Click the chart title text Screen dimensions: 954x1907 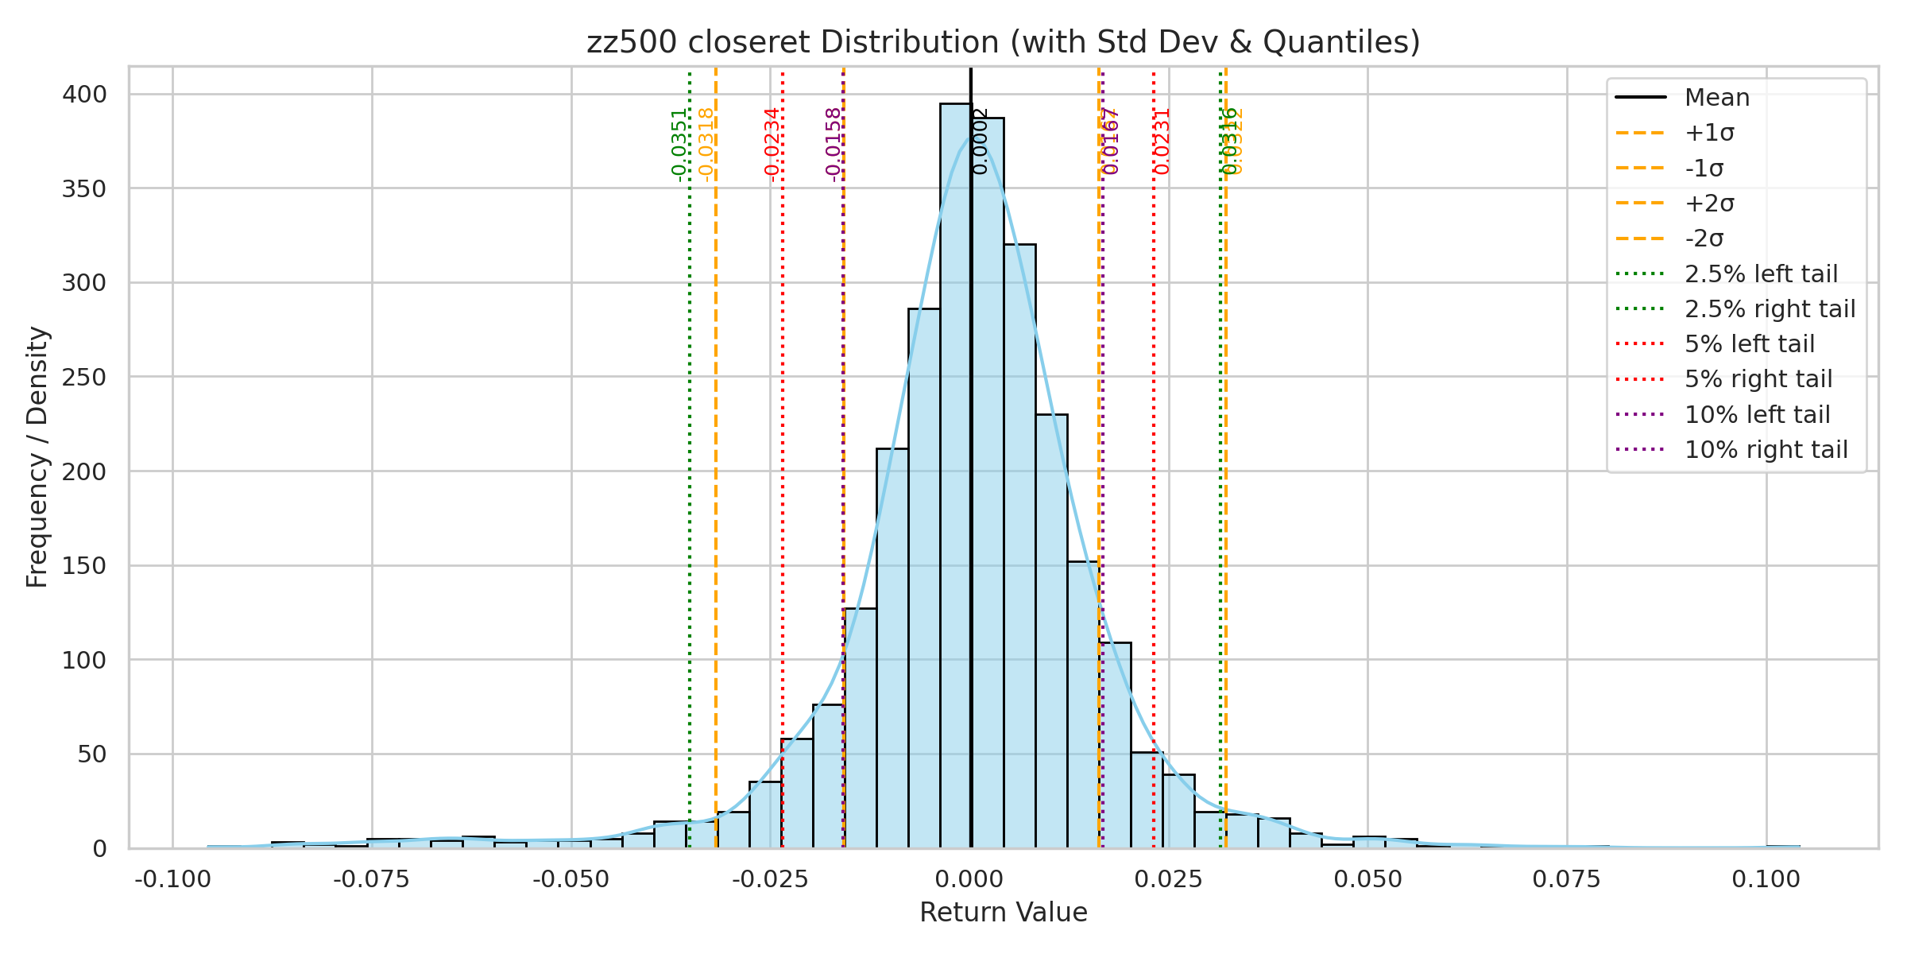[x=1003, y=42]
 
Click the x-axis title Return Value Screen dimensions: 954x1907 [x=1003, y=913]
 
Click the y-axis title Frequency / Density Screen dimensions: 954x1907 [x=37, y=457]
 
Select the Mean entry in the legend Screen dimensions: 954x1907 [x=1716, y=98]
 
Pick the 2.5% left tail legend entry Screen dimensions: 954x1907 [x=1761, y=274]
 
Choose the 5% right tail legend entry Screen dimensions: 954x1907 [x=1758, y=379]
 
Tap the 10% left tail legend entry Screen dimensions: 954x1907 [x=1757, y=415]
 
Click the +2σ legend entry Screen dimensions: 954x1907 [x=1709, y=204]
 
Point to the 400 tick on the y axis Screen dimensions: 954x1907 [x=84, y=95]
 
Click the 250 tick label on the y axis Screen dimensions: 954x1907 [x=84, y=377]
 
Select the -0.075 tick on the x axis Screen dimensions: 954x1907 [x=372, y=879]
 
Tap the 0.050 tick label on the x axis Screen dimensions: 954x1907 [x=1367, y=879]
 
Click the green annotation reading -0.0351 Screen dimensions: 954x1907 [x=679, y=145]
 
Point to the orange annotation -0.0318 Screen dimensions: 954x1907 [x=706, y=145]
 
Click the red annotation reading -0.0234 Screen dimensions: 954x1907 [x=772, y=145]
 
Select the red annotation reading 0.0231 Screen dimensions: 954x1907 [x=1162, y=142]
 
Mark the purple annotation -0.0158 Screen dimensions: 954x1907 [x=833, y=145]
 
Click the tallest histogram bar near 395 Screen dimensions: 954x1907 [x=955, y=477]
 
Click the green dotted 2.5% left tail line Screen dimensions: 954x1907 [x=690, y=477]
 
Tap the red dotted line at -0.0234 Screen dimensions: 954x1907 [x=783, y=477]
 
